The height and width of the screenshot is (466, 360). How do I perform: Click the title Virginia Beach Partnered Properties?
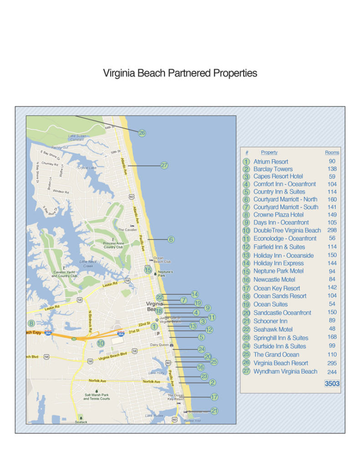pos(180,73)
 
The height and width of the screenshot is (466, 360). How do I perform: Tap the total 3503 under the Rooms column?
pos(332,384)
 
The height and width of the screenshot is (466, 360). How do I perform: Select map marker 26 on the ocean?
pos(142,133)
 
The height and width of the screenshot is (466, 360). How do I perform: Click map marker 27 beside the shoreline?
pos(164,166)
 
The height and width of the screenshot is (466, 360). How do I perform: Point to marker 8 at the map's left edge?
pos(31,324)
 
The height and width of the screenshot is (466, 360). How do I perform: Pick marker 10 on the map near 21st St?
pos(101,344)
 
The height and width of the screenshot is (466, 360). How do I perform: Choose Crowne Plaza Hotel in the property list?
pos(278,214)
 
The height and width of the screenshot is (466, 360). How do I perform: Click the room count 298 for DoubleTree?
pos(332,230)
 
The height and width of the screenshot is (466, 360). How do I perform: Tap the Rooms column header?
pos(332,152)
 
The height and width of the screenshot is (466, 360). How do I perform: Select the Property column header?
pos(269,152)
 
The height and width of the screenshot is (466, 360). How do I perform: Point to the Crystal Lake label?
pos(86,167)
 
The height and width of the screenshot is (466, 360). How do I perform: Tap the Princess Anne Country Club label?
pos(113,245)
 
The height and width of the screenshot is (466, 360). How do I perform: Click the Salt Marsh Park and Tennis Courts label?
pos(96,397)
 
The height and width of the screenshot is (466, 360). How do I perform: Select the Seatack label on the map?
pos(81,422)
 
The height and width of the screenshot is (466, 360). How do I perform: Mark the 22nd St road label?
pos(144,324)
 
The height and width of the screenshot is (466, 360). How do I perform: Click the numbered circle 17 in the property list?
pos(246,288)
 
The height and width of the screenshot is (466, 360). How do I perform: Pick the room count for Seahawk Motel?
pos(332,329)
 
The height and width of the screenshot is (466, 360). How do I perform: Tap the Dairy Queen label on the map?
pos(160,345)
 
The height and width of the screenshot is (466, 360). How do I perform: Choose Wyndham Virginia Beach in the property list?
pos(285,371)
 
